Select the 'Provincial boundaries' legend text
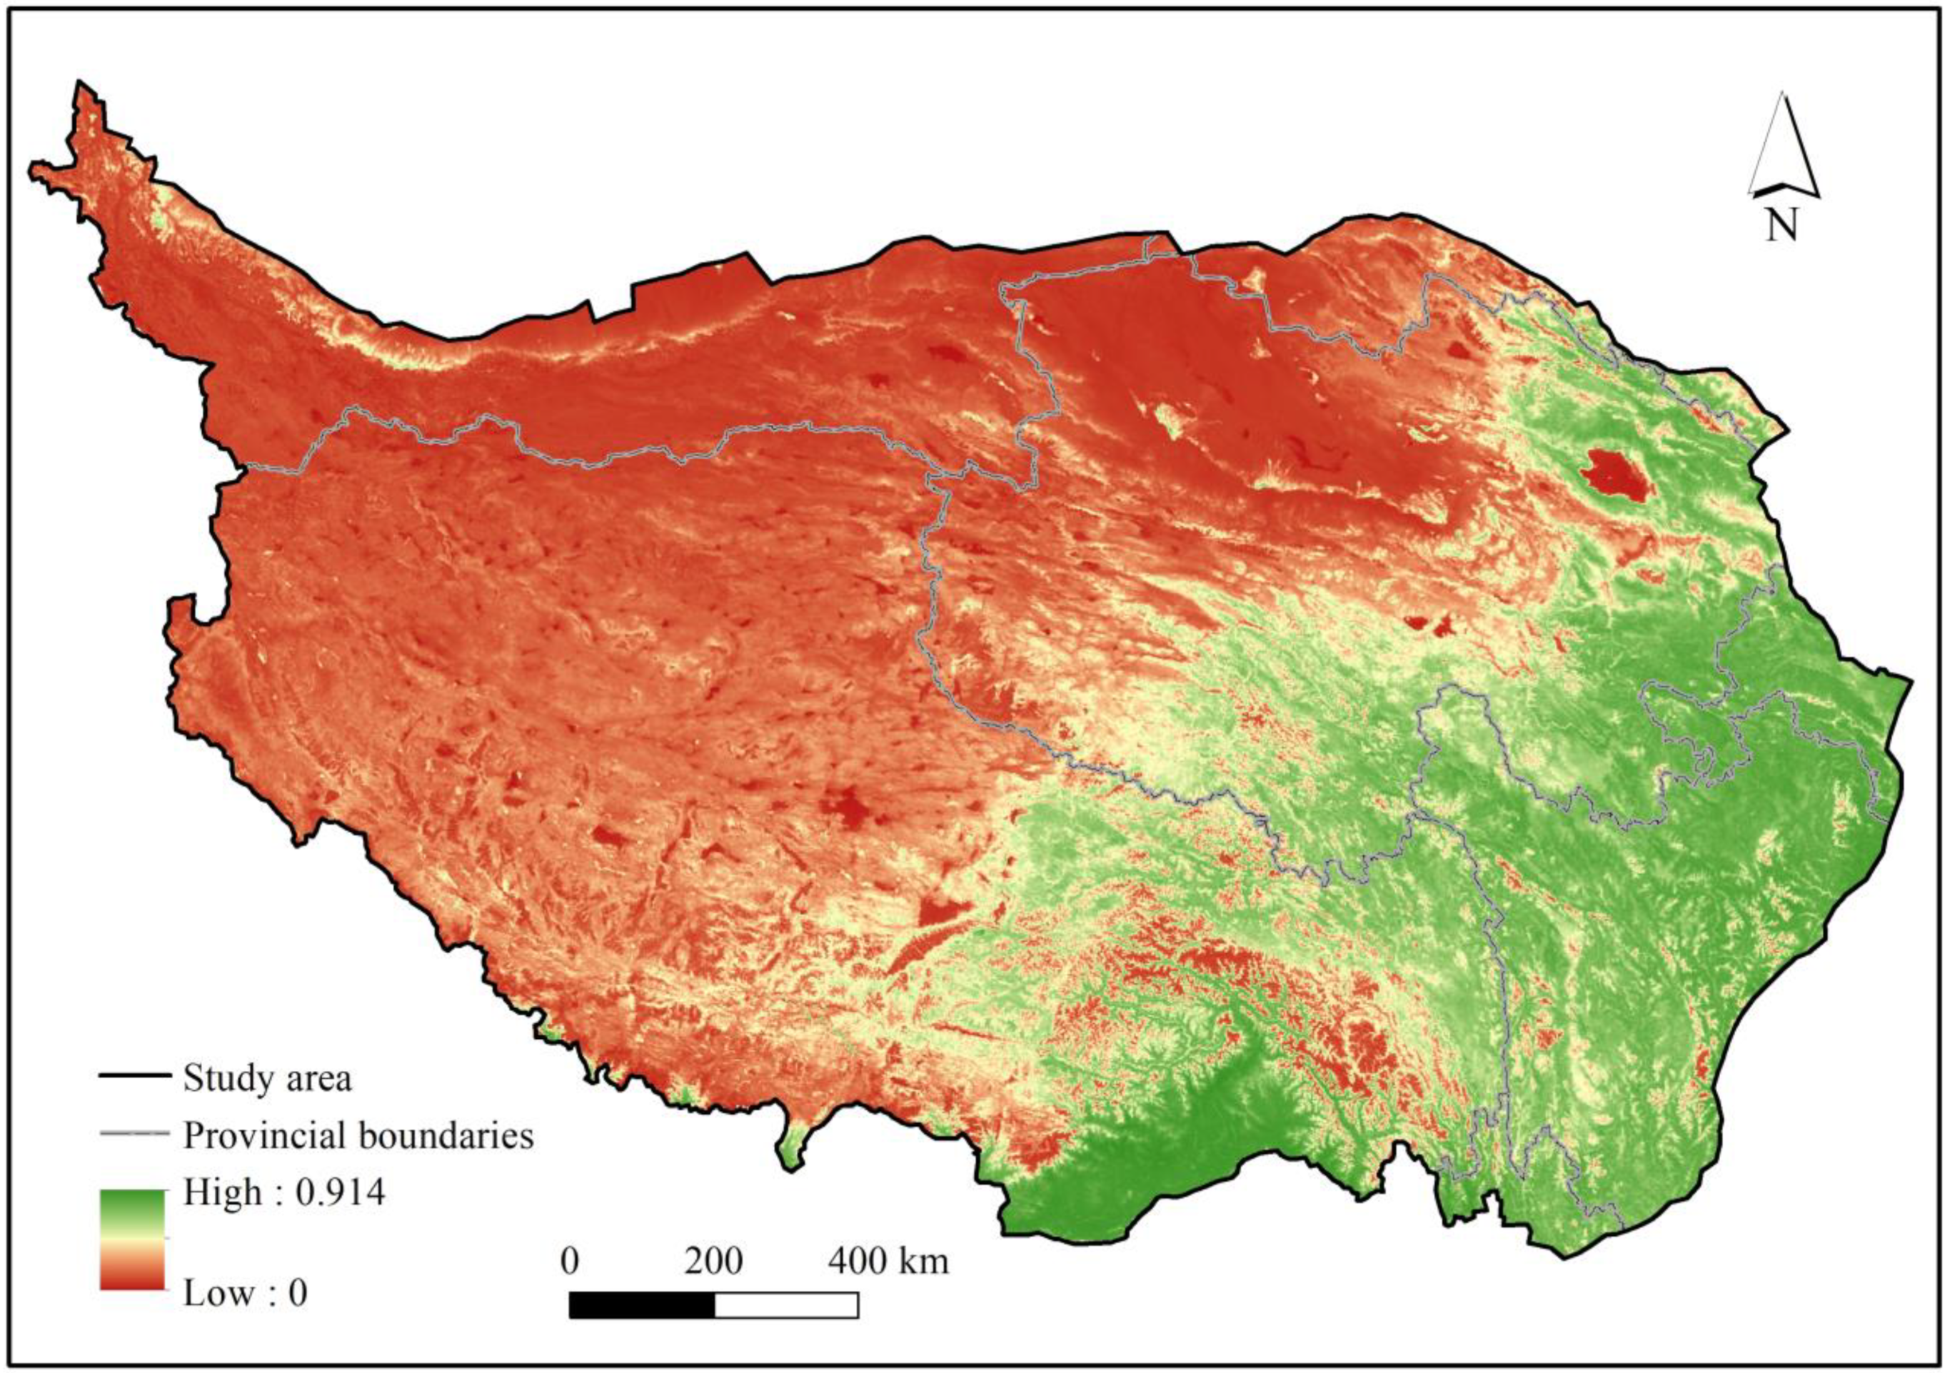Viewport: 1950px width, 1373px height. click(x=358, y=1136)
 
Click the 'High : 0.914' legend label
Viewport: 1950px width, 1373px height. click(x=284, y=1193)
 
